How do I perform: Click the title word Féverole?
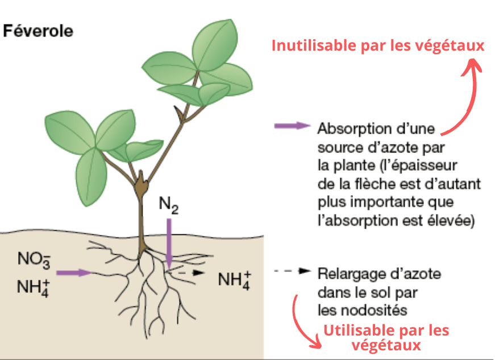click(x=38, y=31)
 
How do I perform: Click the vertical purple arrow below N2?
click(x=169, y=242)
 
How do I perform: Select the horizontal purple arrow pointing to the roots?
click(x=74, y=273)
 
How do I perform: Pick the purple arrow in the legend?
click(x=292, y=126)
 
